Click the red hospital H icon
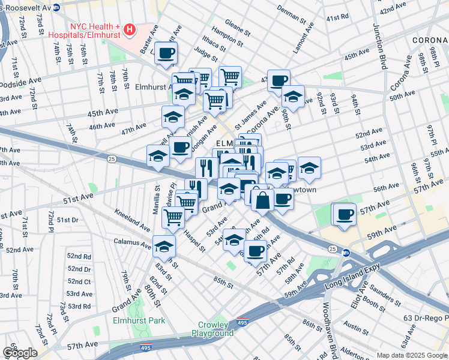[130, 28]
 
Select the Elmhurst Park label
[139, 320]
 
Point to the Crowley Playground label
[212, 329]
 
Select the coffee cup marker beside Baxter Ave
[167, 53]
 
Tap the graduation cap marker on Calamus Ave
[164, 245]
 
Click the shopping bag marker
[262, 199]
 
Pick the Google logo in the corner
[19, 353]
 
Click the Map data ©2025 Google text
[411, 355]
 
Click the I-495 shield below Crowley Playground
[243, 322]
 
